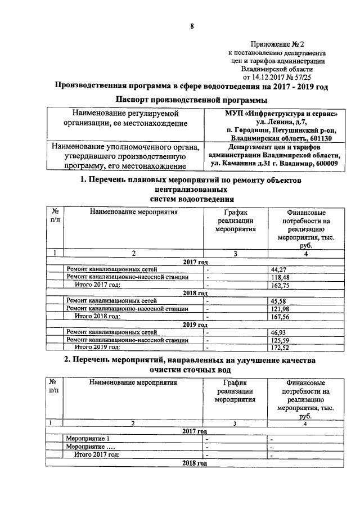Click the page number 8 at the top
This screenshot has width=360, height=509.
point(192,26)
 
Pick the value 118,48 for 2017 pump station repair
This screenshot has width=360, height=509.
point(281,277)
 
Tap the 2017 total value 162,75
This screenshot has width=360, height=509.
point(281,285)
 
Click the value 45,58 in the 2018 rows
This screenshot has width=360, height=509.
point(280,301)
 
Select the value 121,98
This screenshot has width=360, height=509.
point(281,309)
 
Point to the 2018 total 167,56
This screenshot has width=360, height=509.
point(281,317)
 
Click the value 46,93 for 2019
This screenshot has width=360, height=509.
point(280,332)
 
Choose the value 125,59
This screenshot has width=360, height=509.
point(281,340)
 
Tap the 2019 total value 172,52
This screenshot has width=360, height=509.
point(281,348)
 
